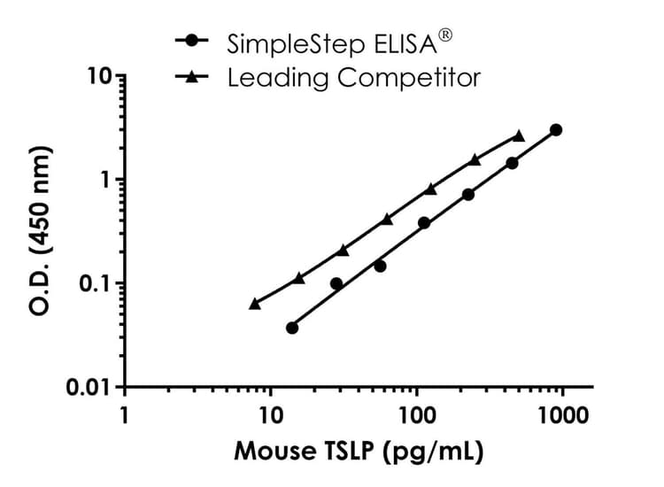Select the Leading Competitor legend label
tap(353, 78)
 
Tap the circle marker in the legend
tap(192, 42)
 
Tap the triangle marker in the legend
tap(192, 77)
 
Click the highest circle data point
tap(556, 130)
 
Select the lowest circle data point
tap(292, 328)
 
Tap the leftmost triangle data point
tap(255, 303)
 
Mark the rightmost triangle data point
tap(519, 135)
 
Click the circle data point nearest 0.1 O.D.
tap(336, 283)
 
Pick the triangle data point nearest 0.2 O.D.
tap(343, 251)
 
